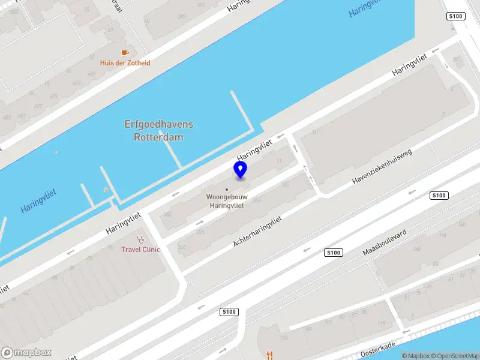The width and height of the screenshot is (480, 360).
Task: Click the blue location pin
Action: pos(240,170)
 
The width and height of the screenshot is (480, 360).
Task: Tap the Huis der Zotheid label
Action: pos(125,63)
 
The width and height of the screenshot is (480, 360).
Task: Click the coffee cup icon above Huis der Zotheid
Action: pos(125,53)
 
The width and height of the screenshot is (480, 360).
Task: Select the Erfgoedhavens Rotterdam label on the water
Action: pos(159,130)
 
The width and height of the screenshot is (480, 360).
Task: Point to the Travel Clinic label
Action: pos(141,249)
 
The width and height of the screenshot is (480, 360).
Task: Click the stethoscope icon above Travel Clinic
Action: pos(140,239)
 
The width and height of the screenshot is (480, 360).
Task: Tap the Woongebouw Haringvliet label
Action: pos(225,201)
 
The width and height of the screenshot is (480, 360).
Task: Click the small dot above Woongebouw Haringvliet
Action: pos(227,190)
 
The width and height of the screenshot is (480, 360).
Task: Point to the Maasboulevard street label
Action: pos(385,242)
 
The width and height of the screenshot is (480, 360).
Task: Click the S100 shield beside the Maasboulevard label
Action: pos(334,253)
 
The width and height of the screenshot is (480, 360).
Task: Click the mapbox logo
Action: pos(26,353)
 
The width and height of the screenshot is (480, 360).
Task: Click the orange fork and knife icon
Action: pos(269,355)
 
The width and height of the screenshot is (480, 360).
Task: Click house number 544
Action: pos(181,247)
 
